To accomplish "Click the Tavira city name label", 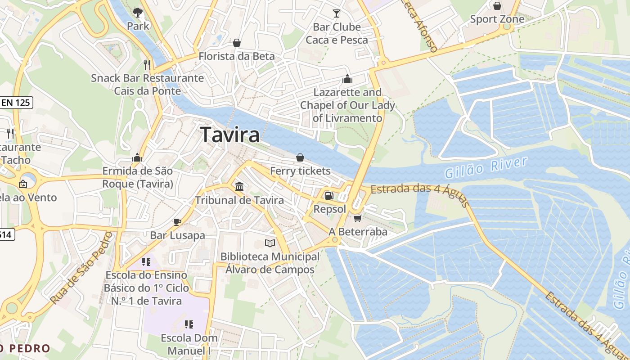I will pyautogui.click(x=230, y=135).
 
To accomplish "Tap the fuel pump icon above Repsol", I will pyautogui.click(x=329, y=196).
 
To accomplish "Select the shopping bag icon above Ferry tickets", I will pyautogui.click(x=300, y=157).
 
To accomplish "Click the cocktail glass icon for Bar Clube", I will pyautogui.click(x=337, y=13).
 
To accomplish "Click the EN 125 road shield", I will pyautogui.click(x=16, y=103).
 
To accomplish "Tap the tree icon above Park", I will pyautogui.click(x=138, y=13).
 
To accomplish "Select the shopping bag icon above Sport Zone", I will pyautogui.click(x=497, y=6).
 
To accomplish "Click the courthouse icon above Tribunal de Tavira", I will pyautogui.click(x=239, y=186).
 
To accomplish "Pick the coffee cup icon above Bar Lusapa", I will pyautogui.click(x=177, y=222).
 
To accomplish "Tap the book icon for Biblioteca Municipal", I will pyautogui.click(x=270, y=243).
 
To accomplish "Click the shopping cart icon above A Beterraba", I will pyautogui.click(x=358, y=219).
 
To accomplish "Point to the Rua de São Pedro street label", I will pyautogui.click(x=81, y=268).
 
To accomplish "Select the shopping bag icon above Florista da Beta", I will pyautogui.click(x=237, y=43).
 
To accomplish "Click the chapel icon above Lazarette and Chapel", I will pyautogui.click(x=347, y=79).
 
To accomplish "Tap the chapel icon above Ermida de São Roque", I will pyautogui.click(x=137, y=157).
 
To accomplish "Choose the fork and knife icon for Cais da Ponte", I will pyautogui.click(x=147, y=64).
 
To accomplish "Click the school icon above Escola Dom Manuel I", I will pyautogui.click(x=189, y=324).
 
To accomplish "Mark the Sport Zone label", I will pyautogui.click(x=497, y=19).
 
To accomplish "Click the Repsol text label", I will pyautogui.click(x=330, y=209).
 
